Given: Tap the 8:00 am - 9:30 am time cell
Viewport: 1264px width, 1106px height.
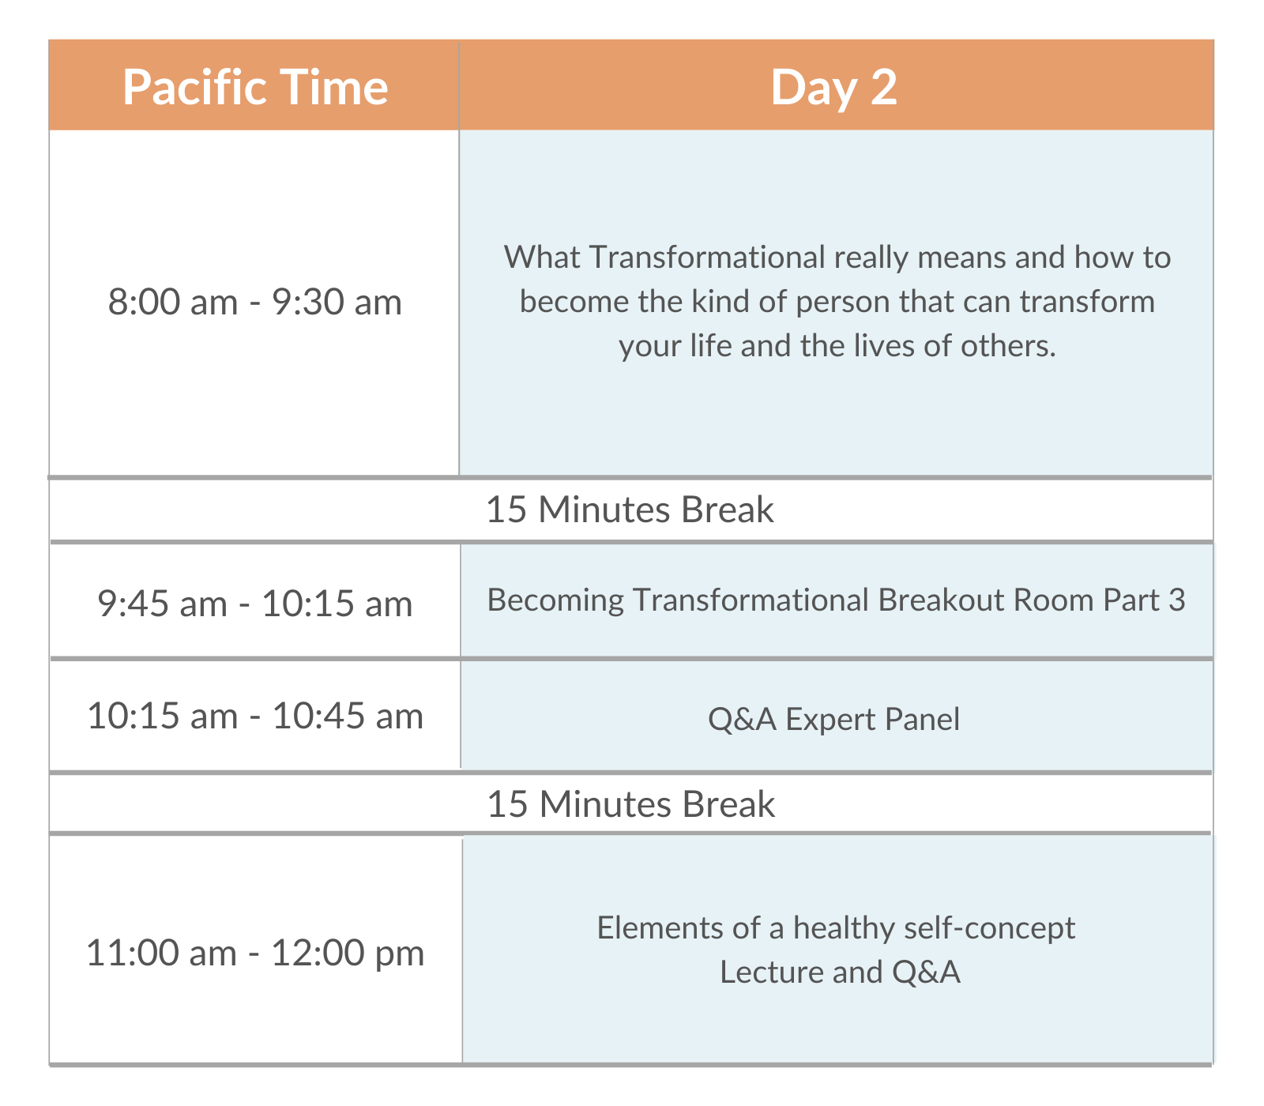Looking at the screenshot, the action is pos(255,302).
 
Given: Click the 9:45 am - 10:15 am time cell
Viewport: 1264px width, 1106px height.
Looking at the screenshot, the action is pos(255,604).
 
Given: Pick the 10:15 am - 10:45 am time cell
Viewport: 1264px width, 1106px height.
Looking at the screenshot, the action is pos(255,716).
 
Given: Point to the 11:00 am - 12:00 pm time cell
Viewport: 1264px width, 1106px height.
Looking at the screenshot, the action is pos(255,952).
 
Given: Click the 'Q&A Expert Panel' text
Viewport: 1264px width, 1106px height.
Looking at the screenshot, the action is pos(834,719).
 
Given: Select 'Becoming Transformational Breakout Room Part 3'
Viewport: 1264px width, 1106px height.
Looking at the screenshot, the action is pos(837,600).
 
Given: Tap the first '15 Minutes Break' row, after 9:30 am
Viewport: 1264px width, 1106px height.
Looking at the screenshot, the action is pos(630,510).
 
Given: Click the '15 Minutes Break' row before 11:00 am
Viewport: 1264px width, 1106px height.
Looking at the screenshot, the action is pos(630,804).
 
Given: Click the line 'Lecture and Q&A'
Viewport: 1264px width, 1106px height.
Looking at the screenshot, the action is pos(840,972).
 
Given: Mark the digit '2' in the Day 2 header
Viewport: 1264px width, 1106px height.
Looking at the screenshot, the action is pos(884,87).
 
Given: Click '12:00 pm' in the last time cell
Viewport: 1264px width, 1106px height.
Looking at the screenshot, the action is pos(348,953).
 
